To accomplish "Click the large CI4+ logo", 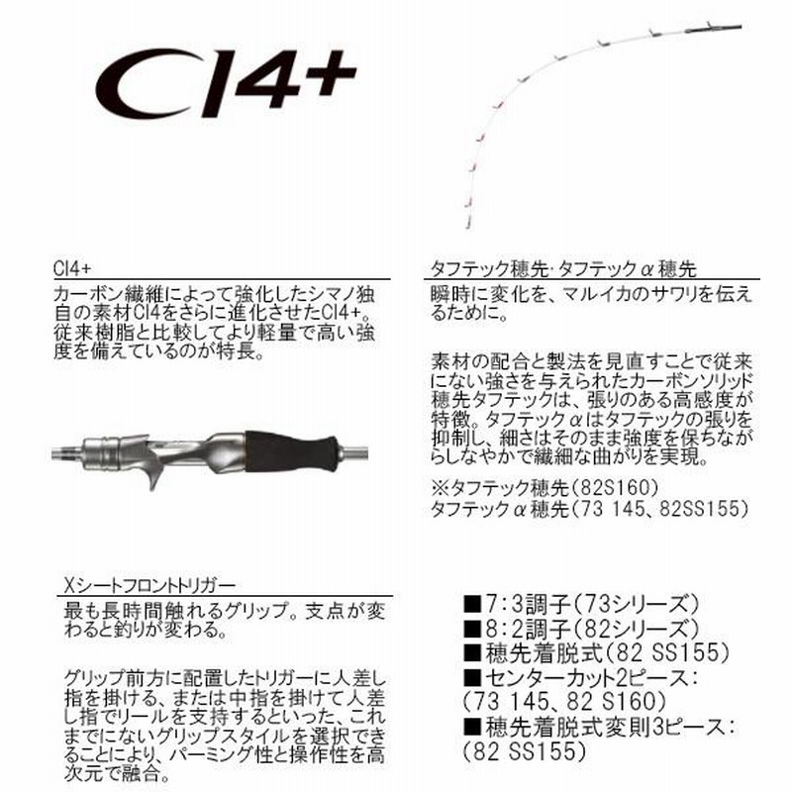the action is point(226,82).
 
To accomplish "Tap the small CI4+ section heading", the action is point(72,268).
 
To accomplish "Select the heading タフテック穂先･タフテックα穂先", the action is point(563,268).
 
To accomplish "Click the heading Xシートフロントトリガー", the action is point(150,585).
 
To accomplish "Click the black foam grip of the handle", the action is point(291,451).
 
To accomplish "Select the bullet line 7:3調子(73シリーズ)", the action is point(581,604).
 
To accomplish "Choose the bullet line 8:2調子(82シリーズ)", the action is point(581,629).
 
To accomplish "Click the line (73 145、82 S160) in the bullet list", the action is point(564,702).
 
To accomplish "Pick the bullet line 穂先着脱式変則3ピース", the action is point(599,728).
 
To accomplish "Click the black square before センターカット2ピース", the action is point(472,678).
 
